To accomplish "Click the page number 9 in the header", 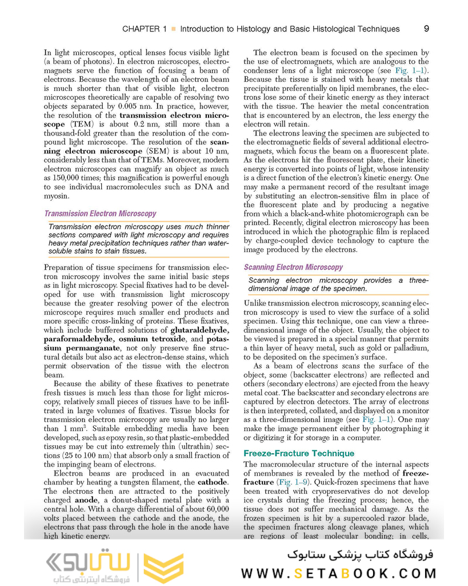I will (x=426, y=28).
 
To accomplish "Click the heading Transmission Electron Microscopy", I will (x=100, y=213).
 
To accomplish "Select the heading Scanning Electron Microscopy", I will (x=293, y=267).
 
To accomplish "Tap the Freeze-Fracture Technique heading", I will (x=299, y=453).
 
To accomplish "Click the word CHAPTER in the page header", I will (x=145, y=28).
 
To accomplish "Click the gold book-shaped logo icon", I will (x=163, y=568).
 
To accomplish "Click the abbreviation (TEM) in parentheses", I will (x=80, y=124).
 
